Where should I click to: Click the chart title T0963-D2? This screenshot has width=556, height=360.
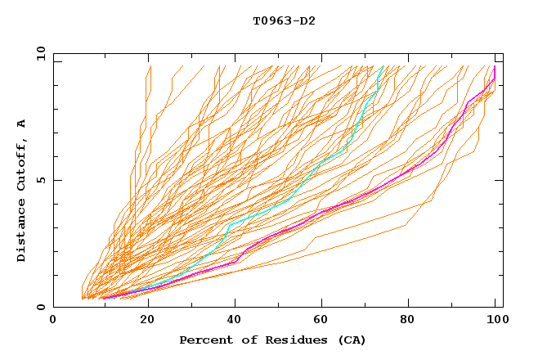pyautogui.click(x=284, y=21)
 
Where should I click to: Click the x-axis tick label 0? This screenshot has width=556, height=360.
pyautogui.click(x=54, y=321)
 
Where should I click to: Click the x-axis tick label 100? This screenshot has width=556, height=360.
pyautogui.click(x=495, y=321)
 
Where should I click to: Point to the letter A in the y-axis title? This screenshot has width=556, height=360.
pyautogui.click(x=22, y=124)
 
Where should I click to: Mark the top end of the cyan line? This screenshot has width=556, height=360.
pyautogui.click(x=383, y=66)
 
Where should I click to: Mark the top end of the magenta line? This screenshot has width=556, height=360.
pyautogui.click(x=495, y=67)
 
